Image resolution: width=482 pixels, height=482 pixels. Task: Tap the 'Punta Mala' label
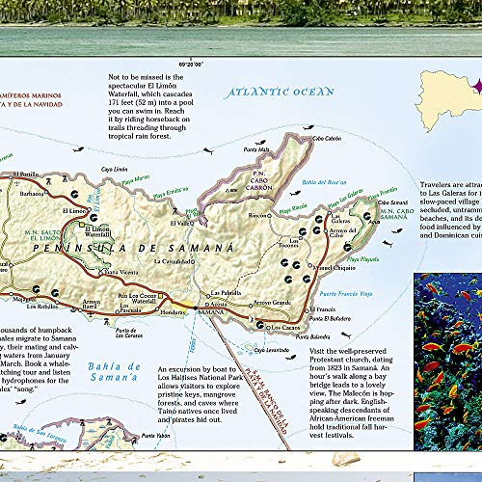point(256,149)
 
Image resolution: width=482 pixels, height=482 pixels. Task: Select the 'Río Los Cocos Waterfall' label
point(136,299)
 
